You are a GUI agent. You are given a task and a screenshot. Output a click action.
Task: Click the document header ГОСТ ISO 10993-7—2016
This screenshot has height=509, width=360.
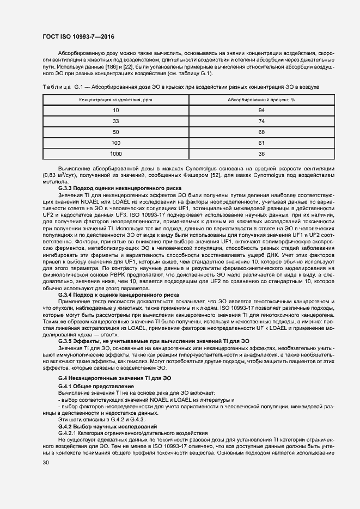point(78,36)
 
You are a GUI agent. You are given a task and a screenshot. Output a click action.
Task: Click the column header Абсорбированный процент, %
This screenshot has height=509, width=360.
point(261,100)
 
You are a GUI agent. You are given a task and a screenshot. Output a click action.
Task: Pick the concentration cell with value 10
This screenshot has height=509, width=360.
point(115,111)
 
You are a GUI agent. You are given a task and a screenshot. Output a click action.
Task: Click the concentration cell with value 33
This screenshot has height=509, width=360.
point(115,121)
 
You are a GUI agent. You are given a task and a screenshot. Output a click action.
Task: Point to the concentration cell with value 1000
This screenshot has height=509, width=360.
point(115,154)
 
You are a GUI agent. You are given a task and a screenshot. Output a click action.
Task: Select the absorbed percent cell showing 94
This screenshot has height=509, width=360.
point(261,111)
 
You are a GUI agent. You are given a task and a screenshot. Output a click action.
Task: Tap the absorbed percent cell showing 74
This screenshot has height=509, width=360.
point(261,121)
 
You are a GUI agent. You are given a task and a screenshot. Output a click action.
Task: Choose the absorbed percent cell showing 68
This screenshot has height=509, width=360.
point(261,132)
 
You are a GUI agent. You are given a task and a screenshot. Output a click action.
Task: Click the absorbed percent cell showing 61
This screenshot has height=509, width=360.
point(261,143)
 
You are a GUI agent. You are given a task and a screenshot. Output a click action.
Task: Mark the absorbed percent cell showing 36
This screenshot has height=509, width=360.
point(261,154)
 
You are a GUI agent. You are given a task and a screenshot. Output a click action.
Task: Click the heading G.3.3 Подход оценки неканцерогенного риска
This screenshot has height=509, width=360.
point(119,187)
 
